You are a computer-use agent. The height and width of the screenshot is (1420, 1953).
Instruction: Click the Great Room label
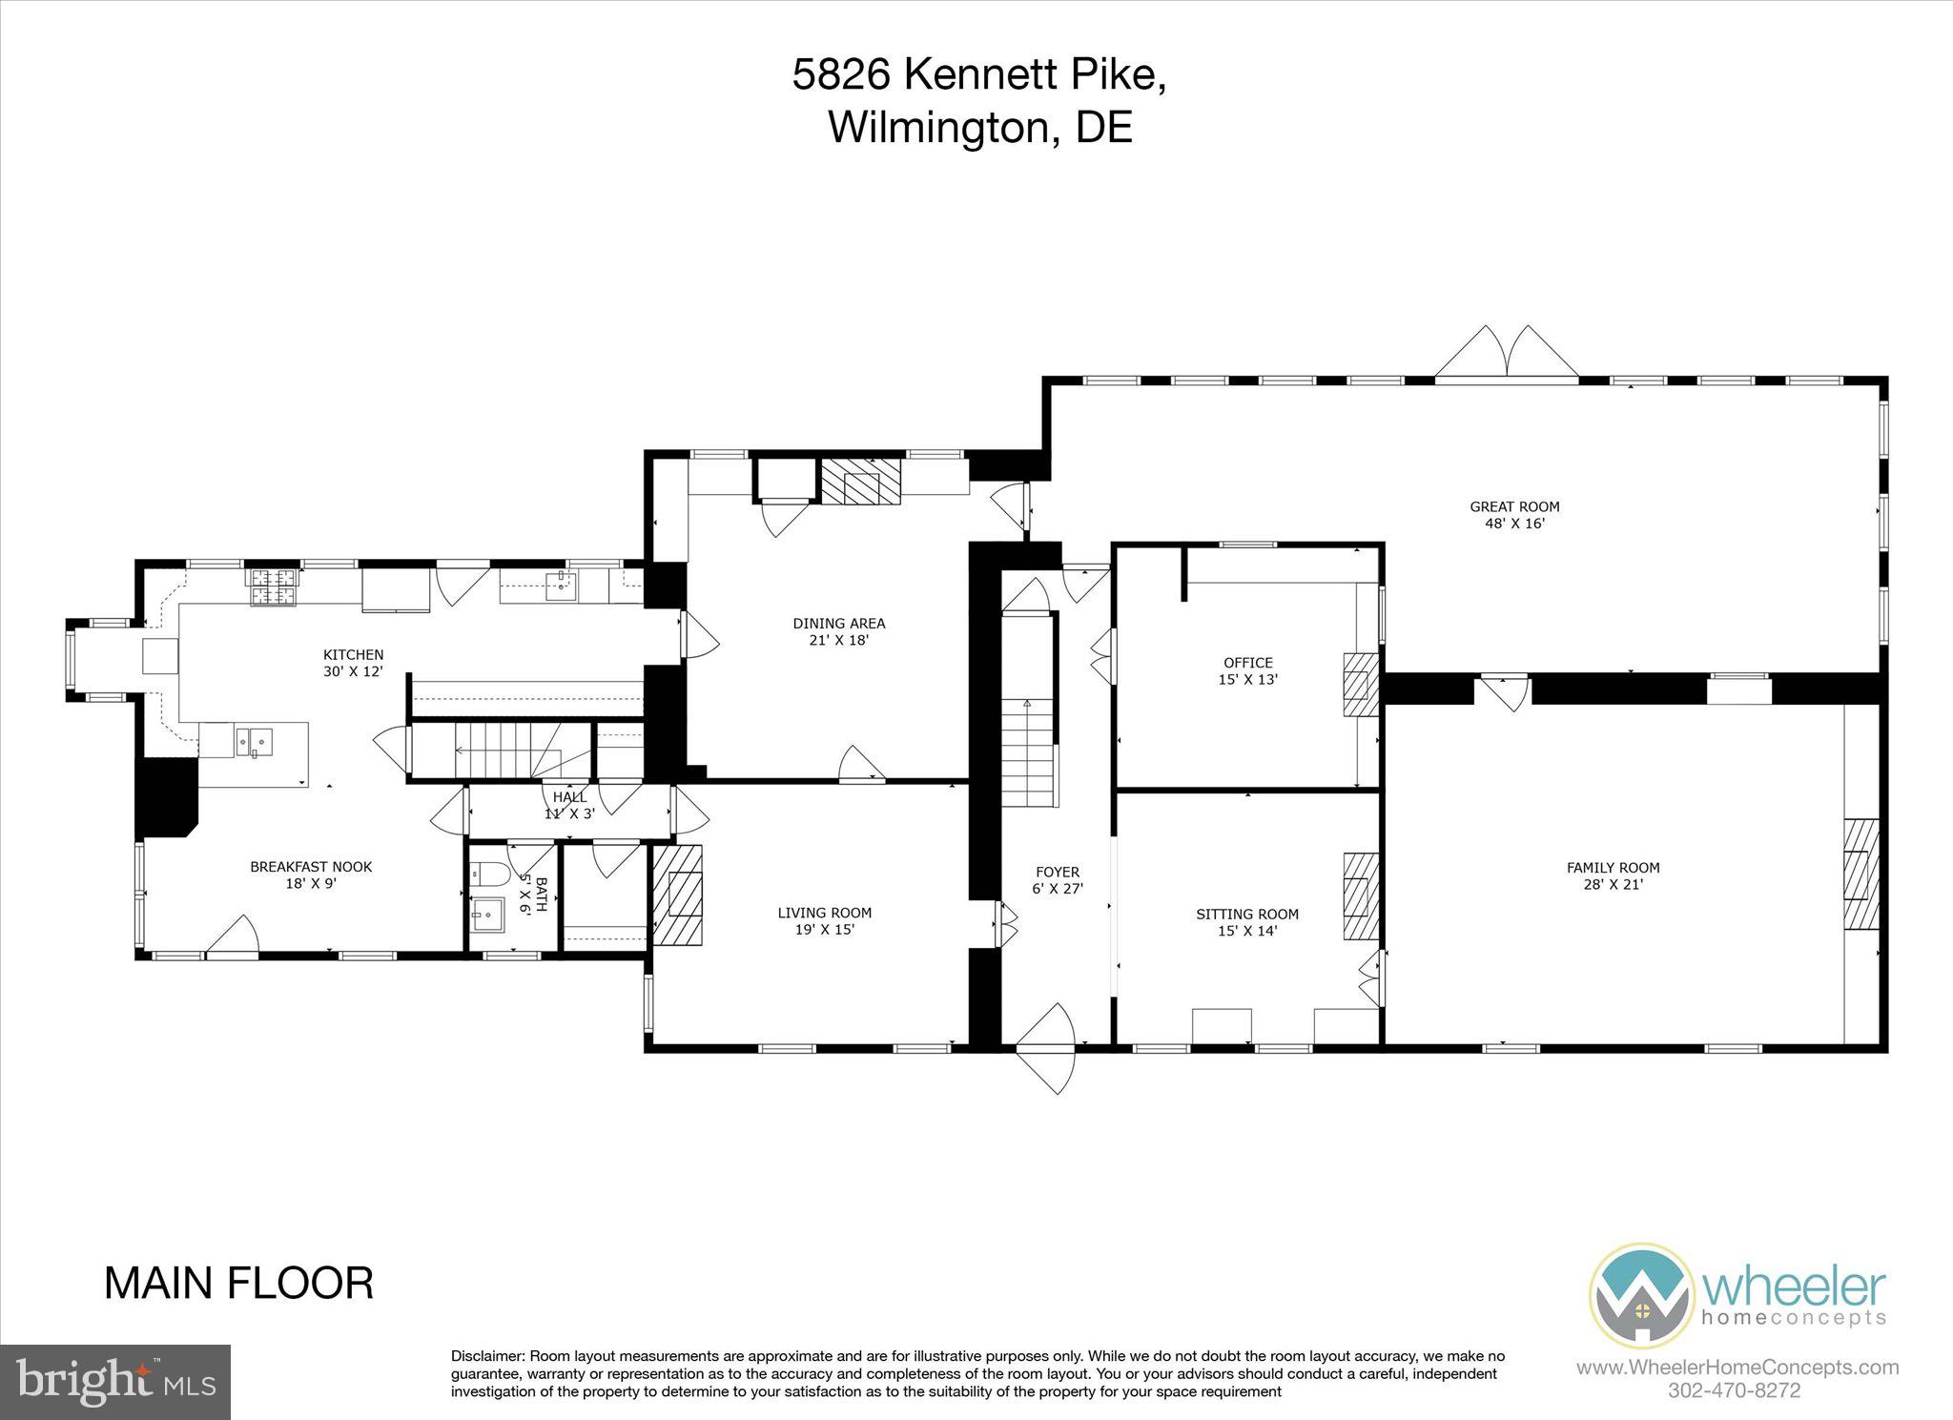point(1513,506)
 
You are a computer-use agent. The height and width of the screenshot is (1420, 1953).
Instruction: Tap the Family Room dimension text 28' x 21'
point(1613,884)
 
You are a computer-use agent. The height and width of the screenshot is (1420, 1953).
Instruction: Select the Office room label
point(1247,663)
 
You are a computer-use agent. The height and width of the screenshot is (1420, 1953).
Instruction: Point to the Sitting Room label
point(1246,914)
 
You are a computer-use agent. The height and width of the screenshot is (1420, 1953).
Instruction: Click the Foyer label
point(1057,872)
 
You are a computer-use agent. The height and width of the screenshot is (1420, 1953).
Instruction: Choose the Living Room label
point(824,913)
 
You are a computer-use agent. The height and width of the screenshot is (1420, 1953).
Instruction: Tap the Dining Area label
point(838,624)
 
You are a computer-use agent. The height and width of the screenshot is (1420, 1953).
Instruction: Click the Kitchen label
point(353,654)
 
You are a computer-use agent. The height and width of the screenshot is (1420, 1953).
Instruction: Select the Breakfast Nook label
point(311,867)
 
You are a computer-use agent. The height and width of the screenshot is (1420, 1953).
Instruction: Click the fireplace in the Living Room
point(678,894)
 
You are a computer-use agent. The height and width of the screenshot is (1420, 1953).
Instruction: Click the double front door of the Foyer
point(1046,1049)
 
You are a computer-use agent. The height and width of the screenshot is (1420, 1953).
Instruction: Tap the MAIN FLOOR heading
point(238,1284)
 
